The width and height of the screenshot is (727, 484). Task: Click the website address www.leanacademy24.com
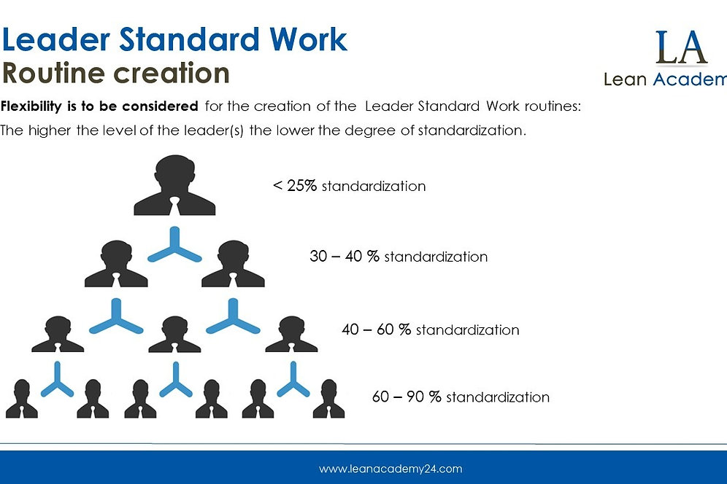point(391,469)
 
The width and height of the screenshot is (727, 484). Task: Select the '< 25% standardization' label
point(349,186)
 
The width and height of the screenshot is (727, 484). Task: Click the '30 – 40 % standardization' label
point(399,257)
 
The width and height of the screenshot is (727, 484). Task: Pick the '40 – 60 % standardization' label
point(431,329)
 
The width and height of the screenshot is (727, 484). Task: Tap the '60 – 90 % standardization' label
point(461,397)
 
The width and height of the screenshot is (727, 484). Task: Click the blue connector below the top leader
point(175,245)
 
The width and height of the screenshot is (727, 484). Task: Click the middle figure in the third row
point(175,335)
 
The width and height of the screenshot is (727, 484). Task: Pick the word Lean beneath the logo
point(626,79)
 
